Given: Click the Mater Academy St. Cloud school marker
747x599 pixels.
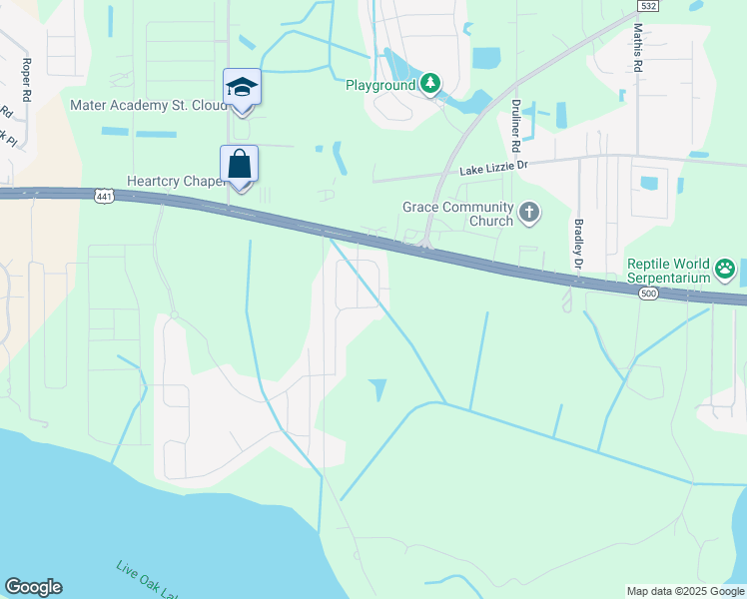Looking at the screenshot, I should click(242, 88).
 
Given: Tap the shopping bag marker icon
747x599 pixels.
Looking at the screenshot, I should click(240, 164).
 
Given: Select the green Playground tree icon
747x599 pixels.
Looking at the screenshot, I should click(430, 84).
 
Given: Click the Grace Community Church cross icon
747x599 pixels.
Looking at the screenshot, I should click(529, 212).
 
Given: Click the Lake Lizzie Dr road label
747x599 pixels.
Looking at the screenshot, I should click(492, 171).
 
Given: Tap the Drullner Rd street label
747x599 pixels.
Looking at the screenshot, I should click(517, 118).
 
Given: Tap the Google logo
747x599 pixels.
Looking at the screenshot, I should click(33, 587).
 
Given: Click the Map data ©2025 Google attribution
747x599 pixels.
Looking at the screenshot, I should click(685, 591).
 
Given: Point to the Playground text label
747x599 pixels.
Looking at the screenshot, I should click(380, 85).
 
